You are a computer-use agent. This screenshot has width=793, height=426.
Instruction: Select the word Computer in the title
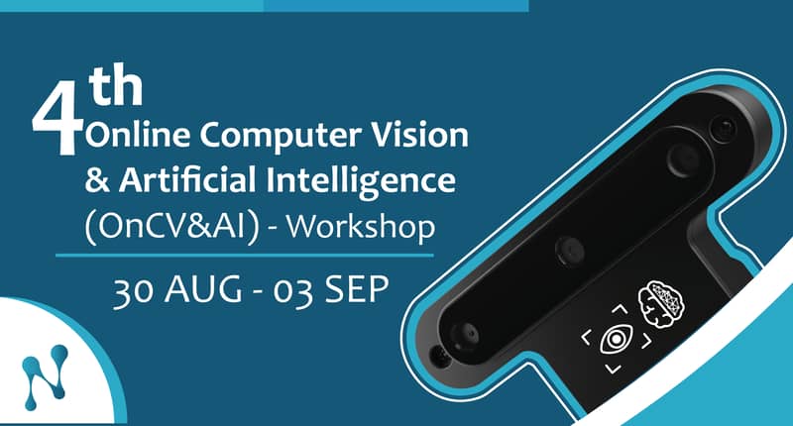(x=282, y=137)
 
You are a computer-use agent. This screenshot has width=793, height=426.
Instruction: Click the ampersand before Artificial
(x=97, y=180)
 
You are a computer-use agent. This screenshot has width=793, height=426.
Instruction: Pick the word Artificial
(x=187, y=179)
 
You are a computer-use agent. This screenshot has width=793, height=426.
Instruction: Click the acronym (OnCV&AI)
(x=171, y=228)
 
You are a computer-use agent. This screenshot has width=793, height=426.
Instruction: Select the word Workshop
(x=361, y=227)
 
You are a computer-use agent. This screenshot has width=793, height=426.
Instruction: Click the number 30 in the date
(x=134, y=290)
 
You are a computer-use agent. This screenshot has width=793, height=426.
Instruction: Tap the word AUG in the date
(x=203, y=289)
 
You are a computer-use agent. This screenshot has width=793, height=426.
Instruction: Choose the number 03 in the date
(x=292, y=291)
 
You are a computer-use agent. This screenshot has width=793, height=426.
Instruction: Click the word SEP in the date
(x=357, y=289)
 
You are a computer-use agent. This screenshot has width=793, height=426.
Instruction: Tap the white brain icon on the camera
(x=661, y=305)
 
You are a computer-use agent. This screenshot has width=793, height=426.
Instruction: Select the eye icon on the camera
(x=616, y=339)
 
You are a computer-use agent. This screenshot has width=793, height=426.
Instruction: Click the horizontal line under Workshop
(x=245, y=256)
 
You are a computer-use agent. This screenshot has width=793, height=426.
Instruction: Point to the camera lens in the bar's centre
(x=570, y=250)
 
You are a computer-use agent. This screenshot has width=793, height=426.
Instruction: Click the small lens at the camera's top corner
(x=725, y=129)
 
